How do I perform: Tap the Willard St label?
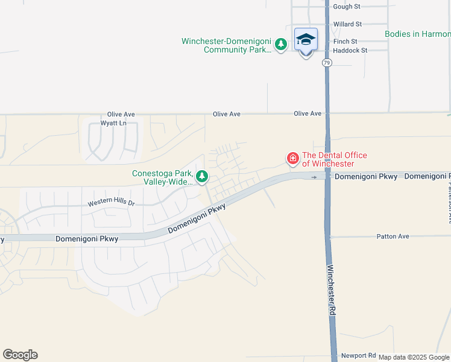[x=347, y=24]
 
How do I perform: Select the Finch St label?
[x=345, y=42]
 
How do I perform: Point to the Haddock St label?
[x=350, y=51]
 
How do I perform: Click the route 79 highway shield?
[x=326, y=63]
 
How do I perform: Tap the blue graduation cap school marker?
[x=306, y=39]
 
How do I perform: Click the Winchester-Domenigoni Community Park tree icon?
[x=280, y=44]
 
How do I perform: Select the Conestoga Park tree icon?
[x=202, y=177]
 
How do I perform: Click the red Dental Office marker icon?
[x=292, y=159]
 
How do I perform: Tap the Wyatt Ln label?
[x=113, y=123]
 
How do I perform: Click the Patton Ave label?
[x=393, y=237]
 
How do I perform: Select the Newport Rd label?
[x=358, y=355]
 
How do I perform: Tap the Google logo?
[x=20, y=355]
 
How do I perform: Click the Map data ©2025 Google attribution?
[x=414, y=357]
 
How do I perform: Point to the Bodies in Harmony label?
[x=418, y=34]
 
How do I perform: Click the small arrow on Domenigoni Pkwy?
[x=314, y=177]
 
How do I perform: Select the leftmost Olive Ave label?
[x=121, y=114]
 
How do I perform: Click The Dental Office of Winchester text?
[x=334, y=159]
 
